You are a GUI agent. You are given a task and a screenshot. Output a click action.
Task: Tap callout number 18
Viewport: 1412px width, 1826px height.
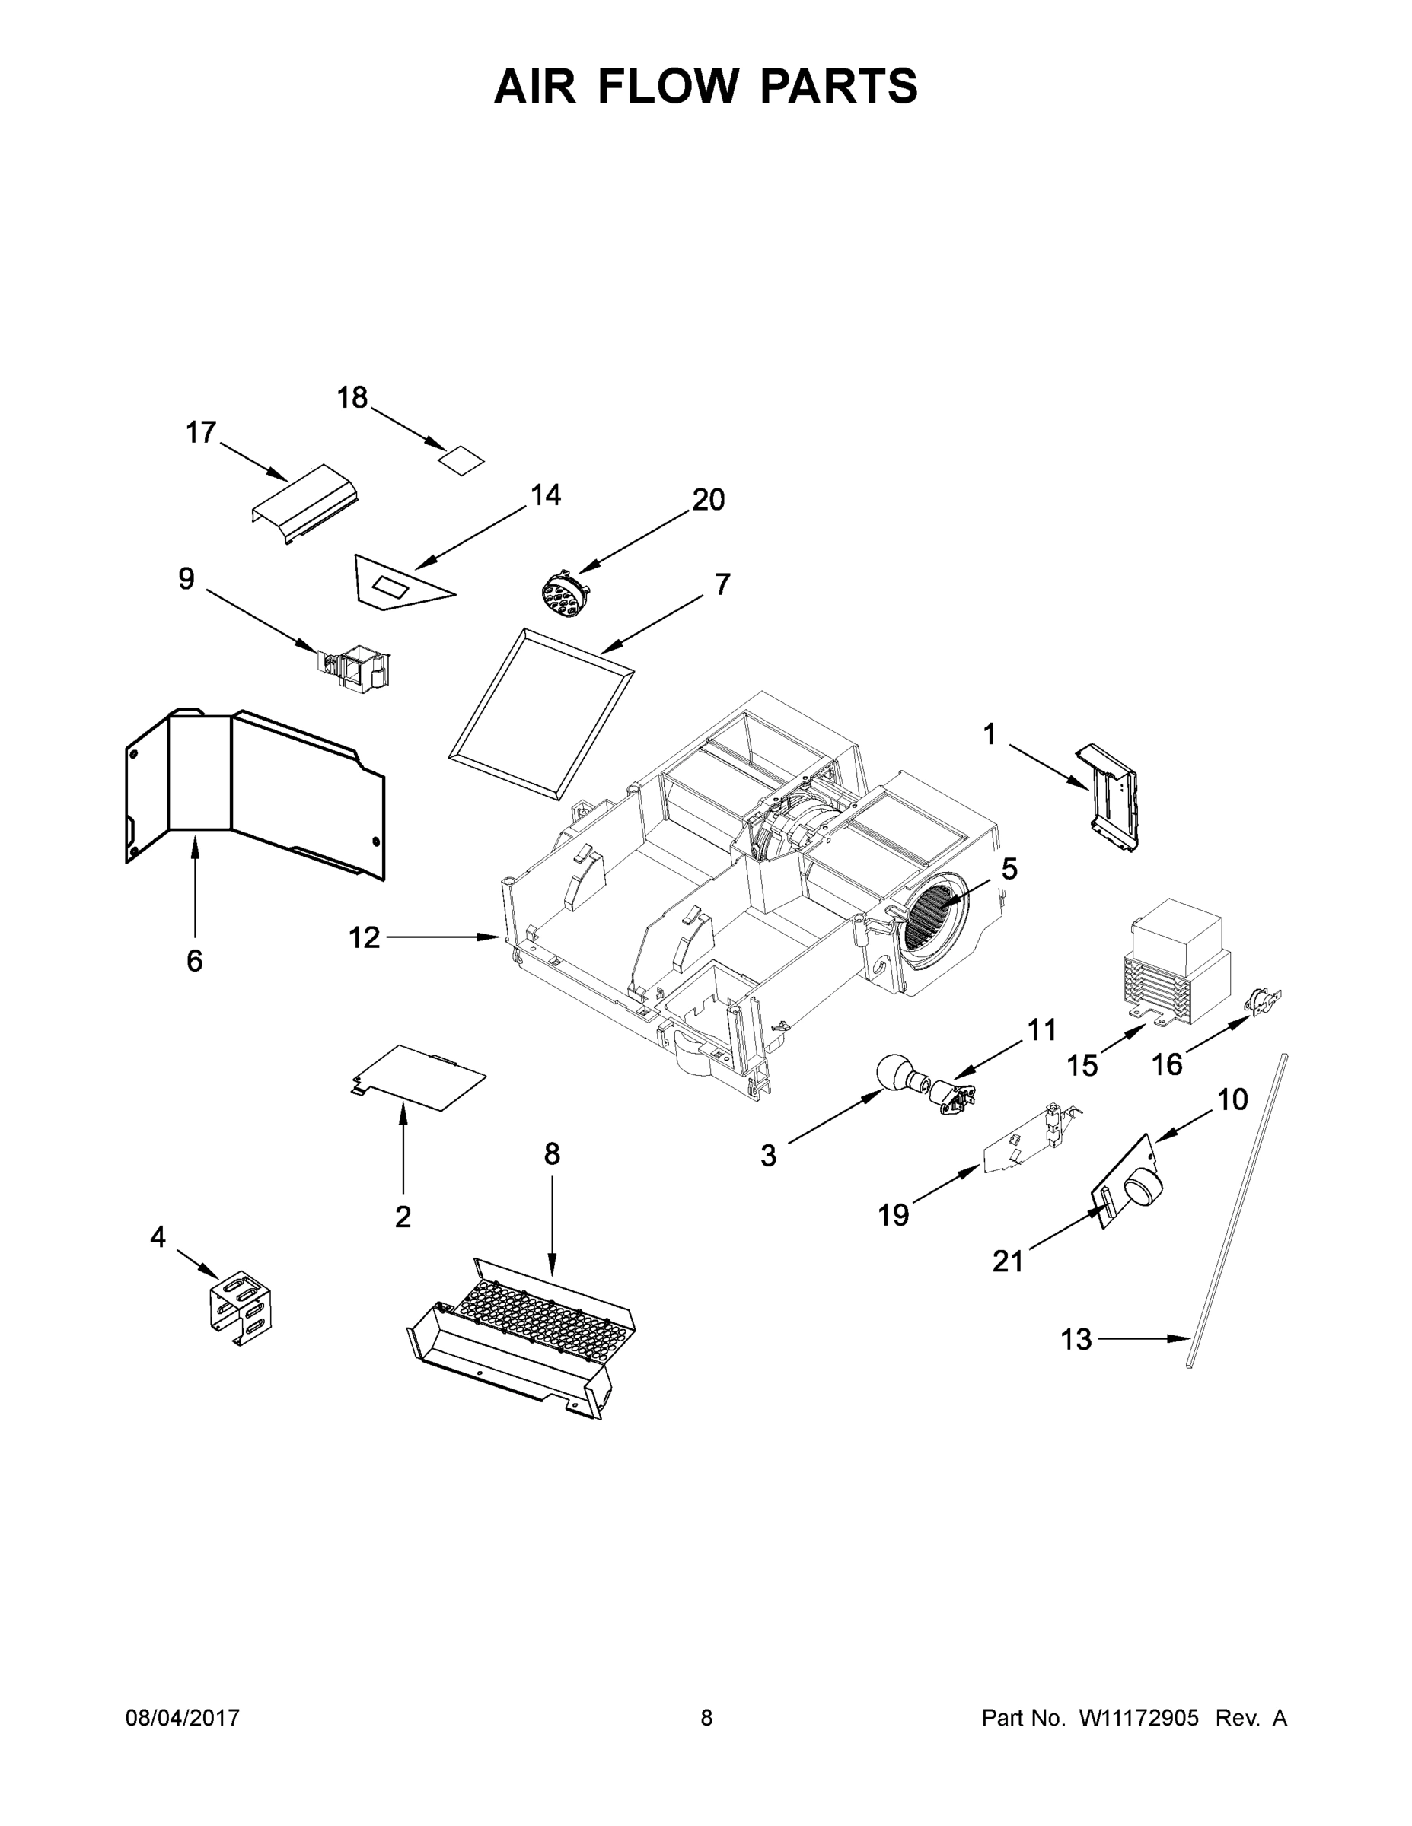(x=352, y=398)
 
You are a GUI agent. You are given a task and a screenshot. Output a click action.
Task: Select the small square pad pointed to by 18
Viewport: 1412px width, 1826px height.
(x=463, y=459)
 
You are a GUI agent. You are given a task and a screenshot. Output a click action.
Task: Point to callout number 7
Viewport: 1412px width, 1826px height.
(x=722, y=584)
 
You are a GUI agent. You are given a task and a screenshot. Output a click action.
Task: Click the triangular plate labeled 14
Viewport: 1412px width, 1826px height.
(x=393, y=583)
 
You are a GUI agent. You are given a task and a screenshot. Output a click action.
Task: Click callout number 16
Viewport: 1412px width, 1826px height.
(x=1167, y=1064)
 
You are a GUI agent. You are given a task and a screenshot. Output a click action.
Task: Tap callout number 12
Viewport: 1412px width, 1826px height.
(x=364, y=938)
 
